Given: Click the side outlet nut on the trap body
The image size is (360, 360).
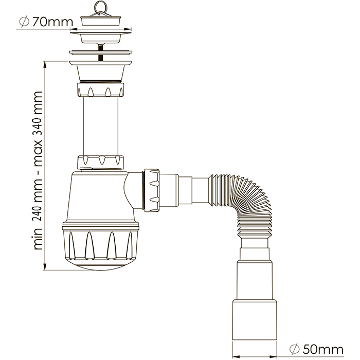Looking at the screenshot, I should click(153, 188).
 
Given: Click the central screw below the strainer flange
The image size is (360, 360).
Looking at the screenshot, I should click(100, 47).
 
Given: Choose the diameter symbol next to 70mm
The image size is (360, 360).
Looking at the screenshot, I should click(23, 22).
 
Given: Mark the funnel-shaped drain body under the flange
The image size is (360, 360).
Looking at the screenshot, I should click(100, 69).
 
